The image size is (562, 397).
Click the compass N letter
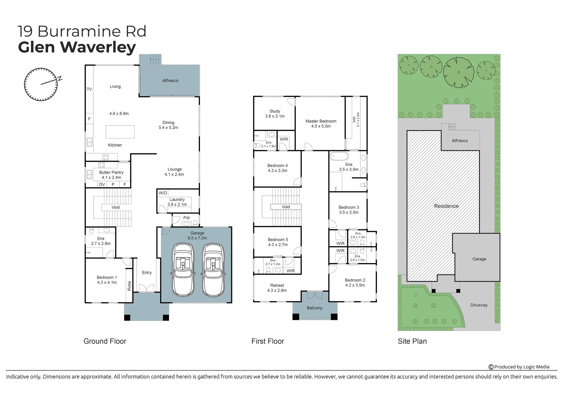pyautogui.click(x=60, y=78)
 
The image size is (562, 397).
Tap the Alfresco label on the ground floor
pyautogui.click(x=170, y=80)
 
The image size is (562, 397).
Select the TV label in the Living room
pyautogui.click(x=89, y=89)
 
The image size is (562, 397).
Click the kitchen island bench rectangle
pyautogui.click(x=120, y=132)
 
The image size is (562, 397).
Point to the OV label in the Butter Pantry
pyautogui.click(x=102, y=184)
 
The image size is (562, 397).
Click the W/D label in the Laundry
pyautogui.click(x=163, y=193)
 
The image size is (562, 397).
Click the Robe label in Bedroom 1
pyautogui.click(x=129, y=286)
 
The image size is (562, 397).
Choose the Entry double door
pyautogui.click(x=147, y=288)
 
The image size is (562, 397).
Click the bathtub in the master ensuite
pyautogui.click(x=340, y=156)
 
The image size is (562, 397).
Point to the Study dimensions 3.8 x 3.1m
pyautogui.click(x=275, y=116)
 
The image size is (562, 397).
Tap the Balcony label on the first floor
pyautogui.click(x=315, y=308)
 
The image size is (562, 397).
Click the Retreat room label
pyautogui.click(x=277, y=285)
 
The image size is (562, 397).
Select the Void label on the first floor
pyautogui.click(x=286, y=207)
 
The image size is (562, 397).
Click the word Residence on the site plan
pyautogui.click(x=446, y=206)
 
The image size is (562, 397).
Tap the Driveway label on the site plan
pyautogui.click(x=479, y=305)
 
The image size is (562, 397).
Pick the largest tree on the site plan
pyautogui.click(x=459, y=72)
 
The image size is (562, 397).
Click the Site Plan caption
pyautogui.click(x=412, y=341)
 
